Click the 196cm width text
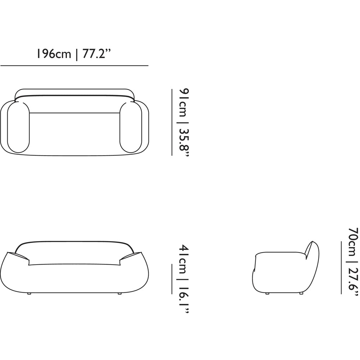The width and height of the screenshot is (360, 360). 54,54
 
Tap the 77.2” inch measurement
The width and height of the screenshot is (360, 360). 96,54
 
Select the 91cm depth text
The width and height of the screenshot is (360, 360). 184,102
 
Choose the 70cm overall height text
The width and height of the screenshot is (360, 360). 354,242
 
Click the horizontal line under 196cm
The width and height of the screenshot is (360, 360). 75,66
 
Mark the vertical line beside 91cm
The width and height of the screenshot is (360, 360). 172,122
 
